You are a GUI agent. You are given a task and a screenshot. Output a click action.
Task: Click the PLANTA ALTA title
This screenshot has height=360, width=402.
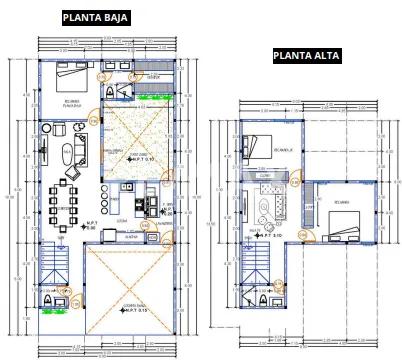pos(306,56)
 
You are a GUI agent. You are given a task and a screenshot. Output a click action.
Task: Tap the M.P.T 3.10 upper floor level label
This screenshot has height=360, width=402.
pos(270,236)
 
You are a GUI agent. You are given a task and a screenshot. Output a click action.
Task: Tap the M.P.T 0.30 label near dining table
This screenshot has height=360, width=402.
pos(91,225)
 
